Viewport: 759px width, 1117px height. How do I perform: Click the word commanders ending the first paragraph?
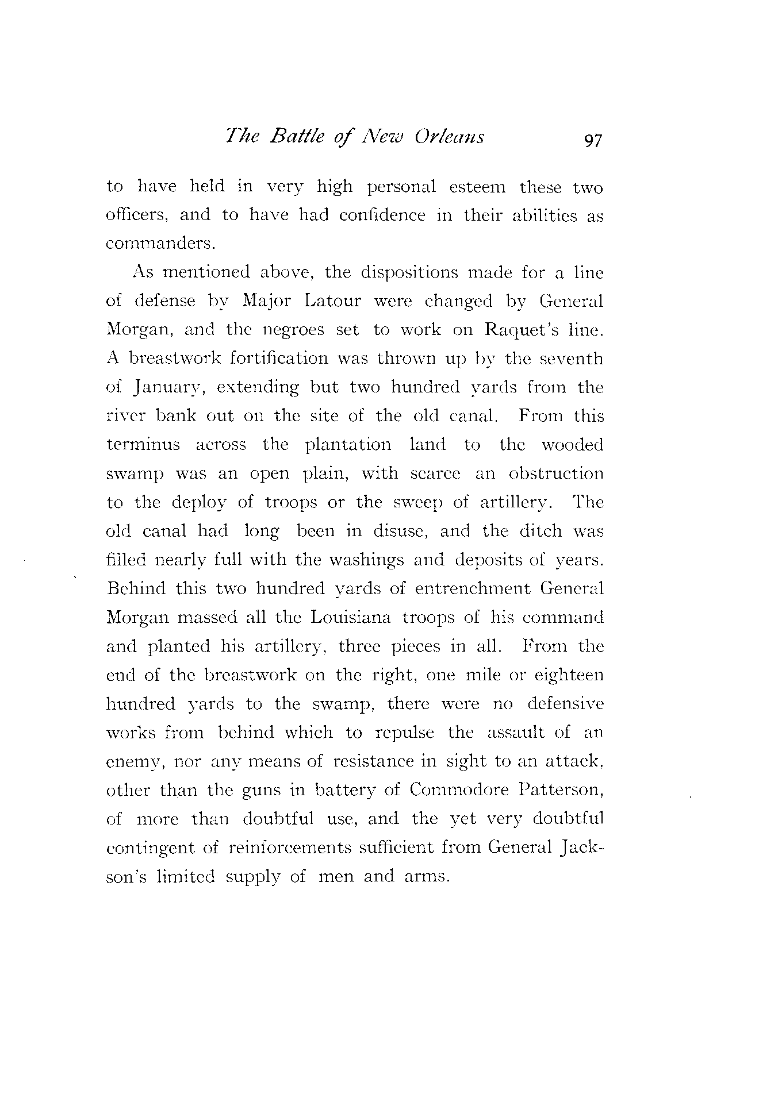tap(160, 244)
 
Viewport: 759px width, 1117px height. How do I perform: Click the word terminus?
tap(143, 445)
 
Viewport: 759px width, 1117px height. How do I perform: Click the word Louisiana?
tap(350, 618)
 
